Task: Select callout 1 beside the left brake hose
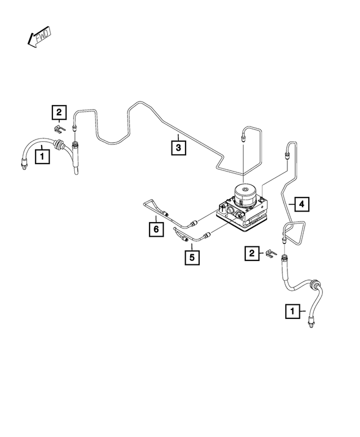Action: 42,154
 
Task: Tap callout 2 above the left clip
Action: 60,113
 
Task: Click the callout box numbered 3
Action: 178,148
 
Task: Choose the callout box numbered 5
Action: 192,257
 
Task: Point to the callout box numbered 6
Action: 155,229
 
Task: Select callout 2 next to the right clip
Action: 251,254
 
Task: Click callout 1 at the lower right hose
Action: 292,310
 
